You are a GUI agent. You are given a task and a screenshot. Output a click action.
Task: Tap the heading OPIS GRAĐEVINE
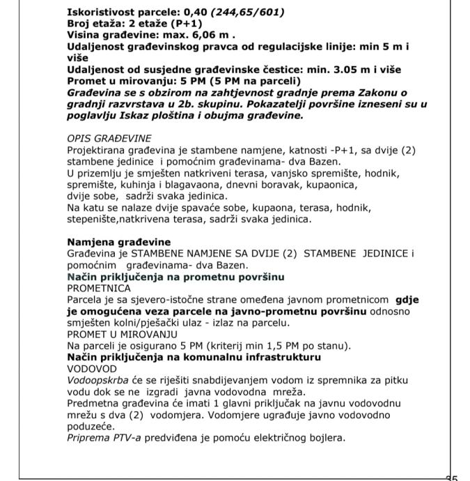click(109, 138)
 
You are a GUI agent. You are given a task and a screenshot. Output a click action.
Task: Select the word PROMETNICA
click(99, 287)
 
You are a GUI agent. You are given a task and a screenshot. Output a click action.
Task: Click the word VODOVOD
click(91, 368)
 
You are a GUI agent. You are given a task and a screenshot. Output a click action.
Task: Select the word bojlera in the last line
click(327, 438)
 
